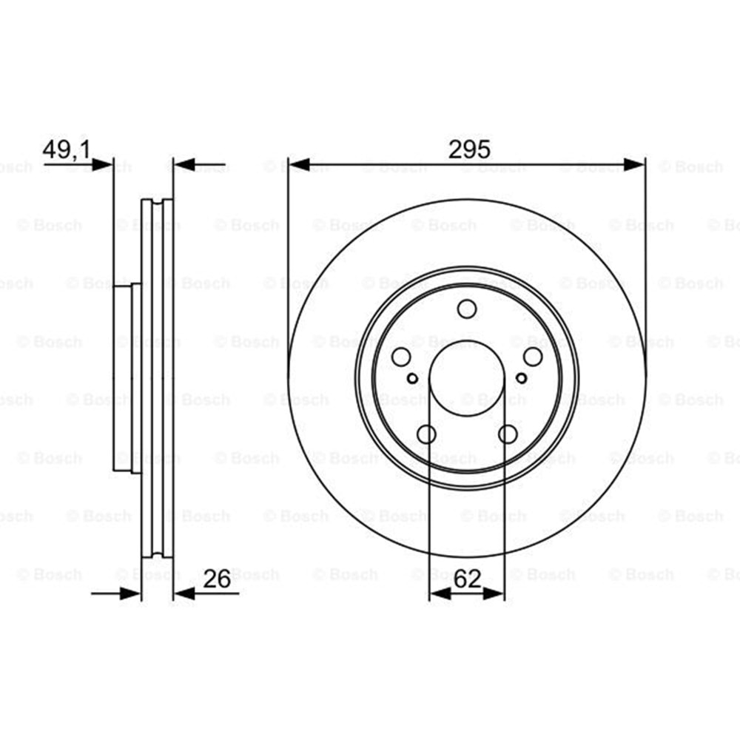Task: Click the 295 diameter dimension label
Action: [469, 149]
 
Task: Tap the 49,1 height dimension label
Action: [67, 150]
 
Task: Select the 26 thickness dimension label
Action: [217, 579]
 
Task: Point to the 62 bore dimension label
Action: [467, 579]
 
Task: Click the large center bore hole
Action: [467, 378]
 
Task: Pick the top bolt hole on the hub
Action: [467, 309]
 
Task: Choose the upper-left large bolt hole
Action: [401, 357]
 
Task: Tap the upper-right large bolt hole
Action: [533, 357]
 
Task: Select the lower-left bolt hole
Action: [427, 434]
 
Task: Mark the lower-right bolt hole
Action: [508, 434]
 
